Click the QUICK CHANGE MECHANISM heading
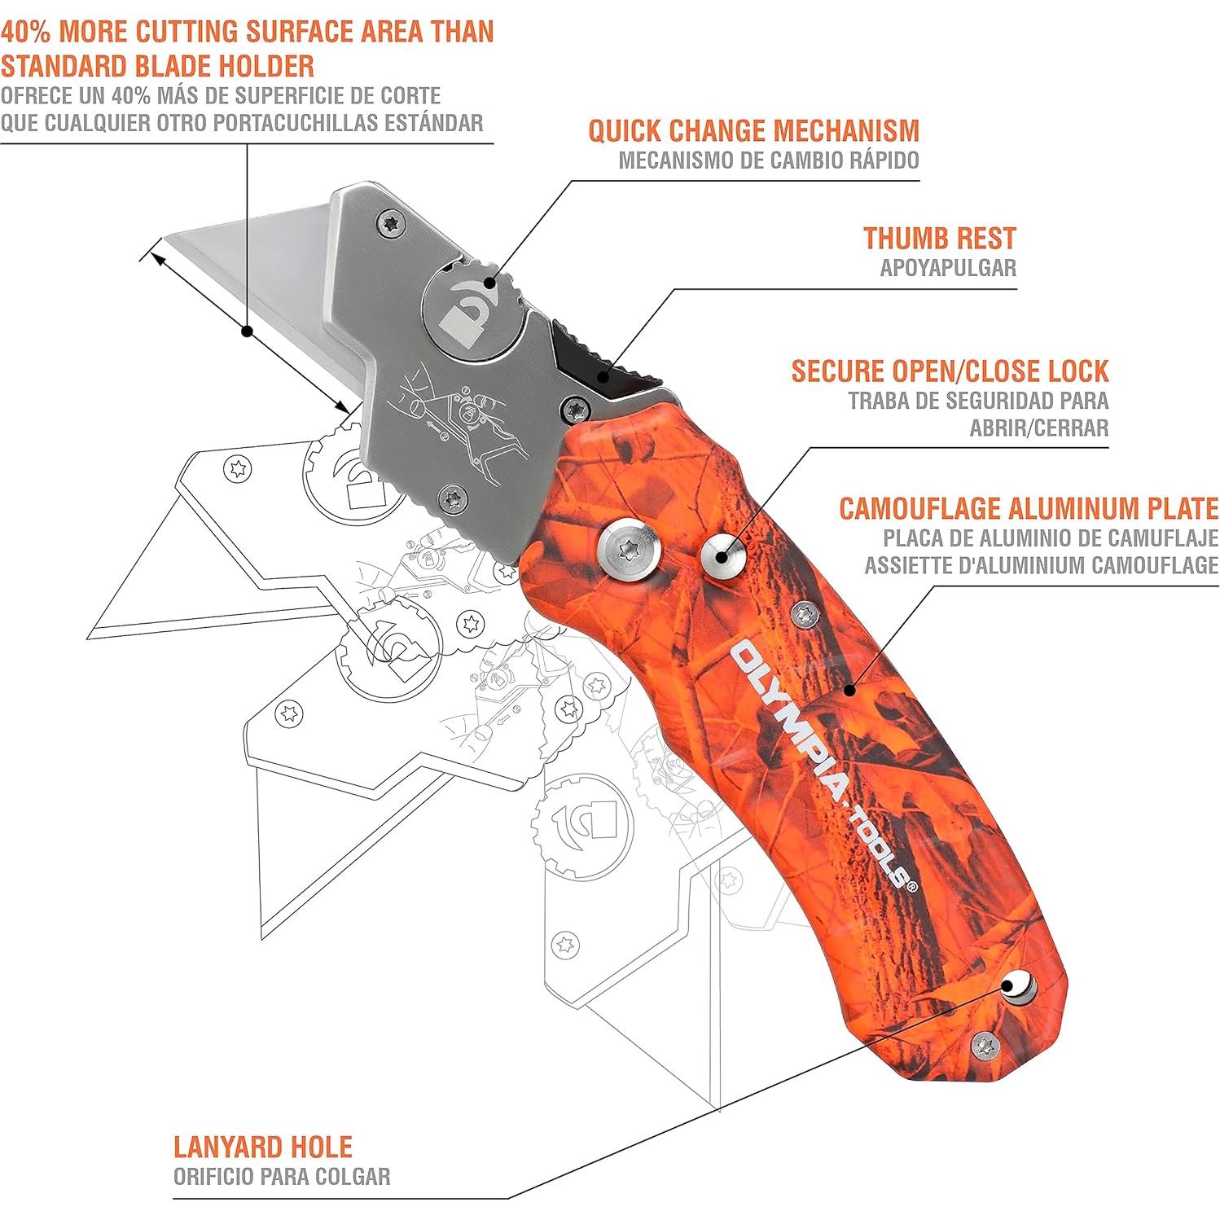pyautogui.click(x=753, y=131)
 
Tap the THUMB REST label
pyautogui.click(x=939, y=239)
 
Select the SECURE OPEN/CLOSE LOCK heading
pyautogui.click(x=950, y=371)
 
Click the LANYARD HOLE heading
pyautogui.click(x=262, y=1147)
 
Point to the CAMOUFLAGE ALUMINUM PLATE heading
pyautogui.click(x=1028, y=509)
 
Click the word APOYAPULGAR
pyautogui.click(x=947, y=268)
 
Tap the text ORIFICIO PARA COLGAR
pyautogui.click(x=281, y=1176)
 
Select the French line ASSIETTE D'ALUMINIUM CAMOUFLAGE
pyautogui.click(x=1041, y=565)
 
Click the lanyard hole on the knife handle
pyautogui.click(x=1016, y=988)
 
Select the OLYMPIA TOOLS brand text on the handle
pyautogui.click(x=823, y=766)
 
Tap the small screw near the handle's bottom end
pyautogui.click(x=986, y=1043)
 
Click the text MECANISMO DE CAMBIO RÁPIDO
pyautogui.click(x=768, y=160)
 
